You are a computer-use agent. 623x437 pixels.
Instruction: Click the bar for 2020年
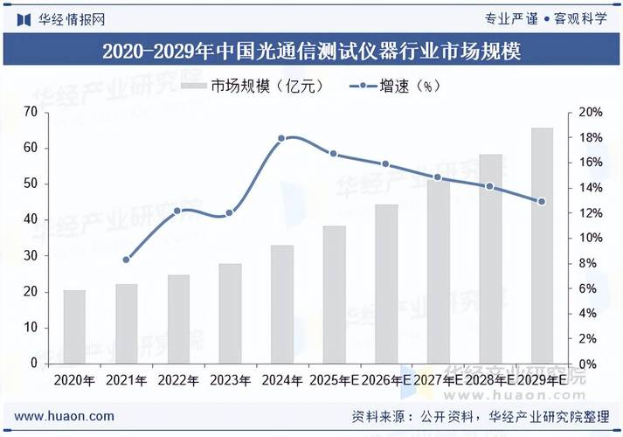click(74, 327)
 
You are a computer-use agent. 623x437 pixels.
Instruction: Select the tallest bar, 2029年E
click(542, 246)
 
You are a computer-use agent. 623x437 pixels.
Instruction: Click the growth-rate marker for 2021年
click(127, 260)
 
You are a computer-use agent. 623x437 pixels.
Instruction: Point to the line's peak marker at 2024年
click(281, 138)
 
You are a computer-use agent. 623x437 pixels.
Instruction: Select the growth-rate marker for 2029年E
click(542, 201)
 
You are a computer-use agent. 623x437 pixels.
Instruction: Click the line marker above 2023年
click(230, 212)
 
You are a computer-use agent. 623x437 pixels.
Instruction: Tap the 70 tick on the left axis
click(31, 112)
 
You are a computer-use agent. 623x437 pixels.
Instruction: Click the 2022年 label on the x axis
click(178, 380)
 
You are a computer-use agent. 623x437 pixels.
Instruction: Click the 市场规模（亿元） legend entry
click(253, 87)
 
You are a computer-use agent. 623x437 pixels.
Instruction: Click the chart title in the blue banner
click(311, 52)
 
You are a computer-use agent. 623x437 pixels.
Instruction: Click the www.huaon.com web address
click(65, 416)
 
